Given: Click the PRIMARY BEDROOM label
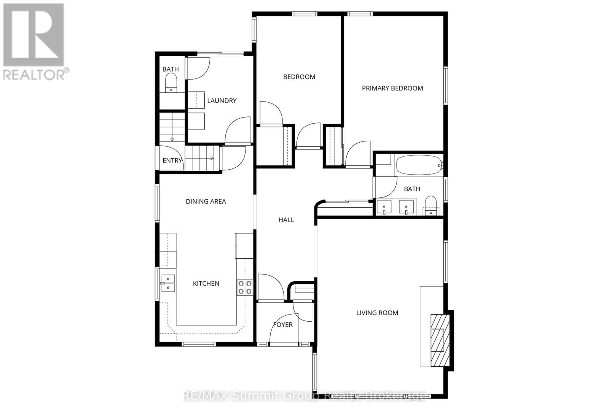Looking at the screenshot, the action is point(392,88).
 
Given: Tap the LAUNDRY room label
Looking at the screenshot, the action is point(222,101).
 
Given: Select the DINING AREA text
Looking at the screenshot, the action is point(206,202).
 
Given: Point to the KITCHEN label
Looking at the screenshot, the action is point(206,284).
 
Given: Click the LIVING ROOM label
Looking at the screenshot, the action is point(377,313).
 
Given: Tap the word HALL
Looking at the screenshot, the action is point(286,220).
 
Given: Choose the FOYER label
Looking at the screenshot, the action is point(283,324).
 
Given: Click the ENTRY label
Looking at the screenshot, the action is point(172,161).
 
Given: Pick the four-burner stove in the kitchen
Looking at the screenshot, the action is point(245,288).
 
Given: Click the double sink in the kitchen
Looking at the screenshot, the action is point(168,283).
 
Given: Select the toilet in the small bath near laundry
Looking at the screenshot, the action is point(171,83).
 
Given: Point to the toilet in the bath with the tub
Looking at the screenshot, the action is point(430,206).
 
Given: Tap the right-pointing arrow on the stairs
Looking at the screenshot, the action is point(209,158).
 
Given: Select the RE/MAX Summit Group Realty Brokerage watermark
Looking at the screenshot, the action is point(304,396).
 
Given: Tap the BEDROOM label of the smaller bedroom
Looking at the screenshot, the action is point(299,77).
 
